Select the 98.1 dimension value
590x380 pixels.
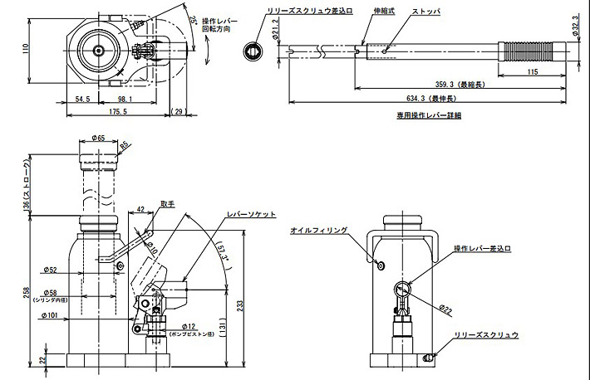point(123,99)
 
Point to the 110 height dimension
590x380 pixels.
point(26,49)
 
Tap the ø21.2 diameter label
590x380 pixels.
point(275,32)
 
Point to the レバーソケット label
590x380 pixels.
point(251,213)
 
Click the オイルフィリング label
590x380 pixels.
point(319,231)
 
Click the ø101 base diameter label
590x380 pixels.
point(50,314)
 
